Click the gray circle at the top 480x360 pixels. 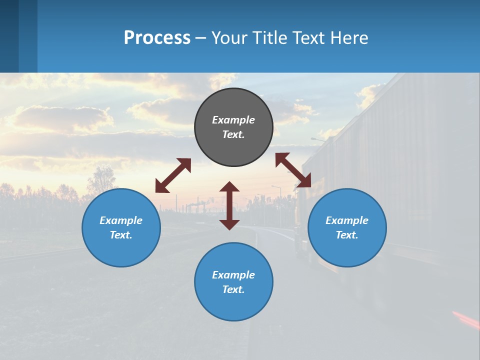point(233,127)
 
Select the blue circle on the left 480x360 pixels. point(121,227)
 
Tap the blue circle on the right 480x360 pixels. point(347,227)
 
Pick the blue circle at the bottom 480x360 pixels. point(233,282)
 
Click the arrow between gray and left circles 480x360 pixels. point(173,175)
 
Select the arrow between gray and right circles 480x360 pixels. point(293,170)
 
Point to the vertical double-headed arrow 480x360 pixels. point(229,205)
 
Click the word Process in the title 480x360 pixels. point(157,37)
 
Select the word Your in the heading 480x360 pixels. point(229,37)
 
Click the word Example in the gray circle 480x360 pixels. point(233,120)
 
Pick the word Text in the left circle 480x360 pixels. point(121,235)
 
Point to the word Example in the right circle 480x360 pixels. point(347,220)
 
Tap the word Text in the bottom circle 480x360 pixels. point(233,289)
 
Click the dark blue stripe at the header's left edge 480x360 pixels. point(9,36)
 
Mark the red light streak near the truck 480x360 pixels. point(465,319)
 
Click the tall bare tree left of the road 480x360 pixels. point(102,180)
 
